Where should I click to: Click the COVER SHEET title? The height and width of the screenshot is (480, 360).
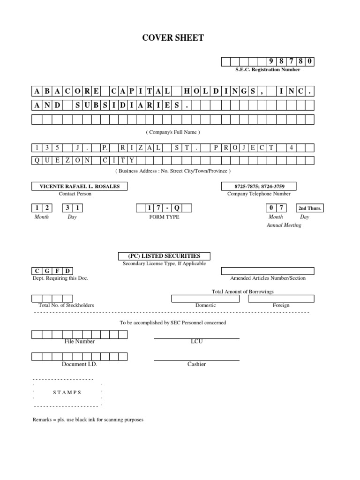pos(173,38)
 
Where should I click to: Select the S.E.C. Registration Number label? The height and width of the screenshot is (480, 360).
pos(268,69)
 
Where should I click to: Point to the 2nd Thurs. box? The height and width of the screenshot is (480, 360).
pos(310,208)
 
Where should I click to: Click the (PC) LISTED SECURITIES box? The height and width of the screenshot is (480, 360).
pos(164,256)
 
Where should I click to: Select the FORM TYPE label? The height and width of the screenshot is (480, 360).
pos(164,217)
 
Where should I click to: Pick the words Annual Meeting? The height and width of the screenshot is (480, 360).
pos(284,225)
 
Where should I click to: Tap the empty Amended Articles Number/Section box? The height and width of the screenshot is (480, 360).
pos(268,271)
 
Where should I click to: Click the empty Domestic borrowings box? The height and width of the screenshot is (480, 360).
pos(206,299)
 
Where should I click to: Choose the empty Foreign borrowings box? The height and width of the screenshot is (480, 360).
pos(281,299)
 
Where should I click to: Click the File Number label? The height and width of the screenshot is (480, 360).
pos(80,341)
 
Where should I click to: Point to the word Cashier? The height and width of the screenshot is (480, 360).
pos(196,364)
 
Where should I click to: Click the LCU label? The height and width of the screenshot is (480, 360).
pos(196,341)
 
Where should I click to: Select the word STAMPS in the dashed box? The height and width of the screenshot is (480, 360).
pos(67,392)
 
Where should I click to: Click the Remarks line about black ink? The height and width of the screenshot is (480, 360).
pos(88,420)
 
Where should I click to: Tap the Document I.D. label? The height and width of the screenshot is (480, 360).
pos(80,364)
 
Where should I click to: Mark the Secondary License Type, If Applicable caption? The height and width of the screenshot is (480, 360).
pos(164,263)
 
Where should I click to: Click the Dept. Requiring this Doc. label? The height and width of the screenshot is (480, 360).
pos(60,278)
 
